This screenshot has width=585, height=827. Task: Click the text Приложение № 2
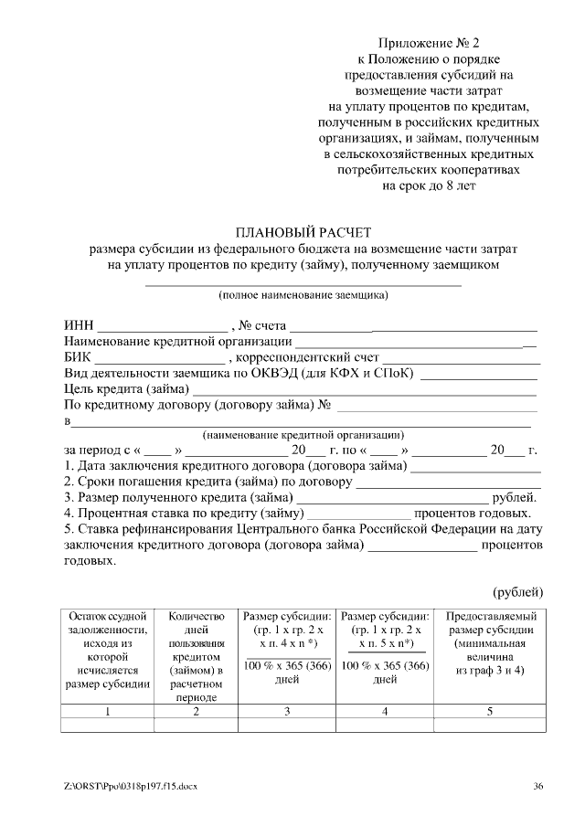click(x=429, y=43)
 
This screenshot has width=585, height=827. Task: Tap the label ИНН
click(x=79, y=326)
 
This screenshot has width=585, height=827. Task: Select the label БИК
click(x=78, y=358)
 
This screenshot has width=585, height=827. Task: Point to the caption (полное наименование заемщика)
click(x=303, y=294)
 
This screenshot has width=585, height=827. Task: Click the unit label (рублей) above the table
click(x=518, y=592)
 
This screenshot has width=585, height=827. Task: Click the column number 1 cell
click(x=107, y=711)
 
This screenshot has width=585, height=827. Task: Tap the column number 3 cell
click(x=287, y=711)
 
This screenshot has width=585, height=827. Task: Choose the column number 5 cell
click(x=489, y=711)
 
